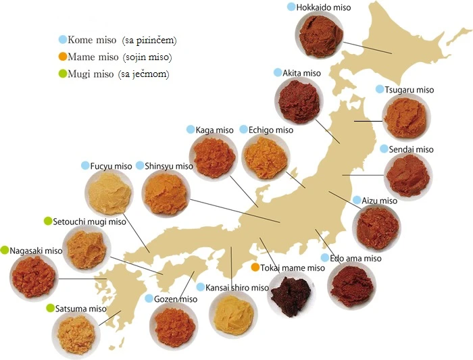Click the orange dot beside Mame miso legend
[63, 57]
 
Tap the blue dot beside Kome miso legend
[63, 40]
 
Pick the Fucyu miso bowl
[110, 191]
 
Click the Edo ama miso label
[356, 259]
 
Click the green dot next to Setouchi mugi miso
[48, 221]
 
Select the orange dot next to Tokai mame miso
[255, 267]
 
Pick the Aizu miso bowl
[376, 227]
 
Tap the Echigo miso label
[271, 130]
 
